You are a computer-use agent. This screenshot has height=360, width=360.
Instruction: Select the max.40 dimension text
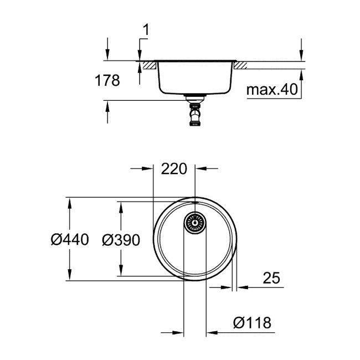272,89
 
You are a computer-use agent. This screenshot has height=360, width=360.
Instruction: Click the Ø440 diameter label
69,240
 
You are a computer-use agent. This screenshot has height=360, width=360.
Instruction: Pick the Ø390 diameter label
120,240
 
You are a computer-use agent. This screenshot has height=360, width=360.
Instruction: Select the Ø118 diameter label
252,322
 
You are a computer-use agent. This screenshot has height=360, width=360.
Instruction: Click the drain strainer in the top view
195,223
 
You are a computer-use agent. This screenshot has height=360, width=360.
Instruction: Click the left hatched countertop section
148,66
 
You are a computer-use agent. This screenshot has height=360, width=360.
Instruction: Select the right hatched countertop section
241,66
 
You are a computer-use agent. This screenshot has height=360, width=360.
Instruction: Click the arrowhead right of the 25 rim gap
243,287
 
